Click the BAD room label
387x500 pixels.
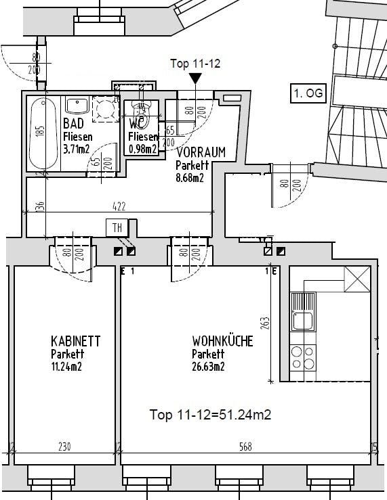tap(73, 124)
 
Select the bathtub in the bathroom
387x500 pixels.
tap(43, 135)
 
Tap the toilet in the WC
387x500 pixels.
tap(141, 111)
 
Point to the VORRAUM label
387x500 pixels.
tap(201, 152)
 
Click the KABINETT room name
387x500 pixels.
tap(75, 341)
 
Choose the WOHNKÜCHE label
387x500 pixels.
tap(222, 341)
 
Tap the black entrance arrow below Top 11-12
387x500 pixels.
tap(195, 78)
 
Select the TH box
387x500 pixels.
tap(117, 227)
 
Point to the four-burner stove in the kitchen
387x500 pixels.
tap(302, 357)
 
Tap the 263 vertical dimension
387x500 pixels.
tap(265, 326)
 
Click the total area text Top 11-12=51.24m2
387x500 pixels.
tap(210, 415)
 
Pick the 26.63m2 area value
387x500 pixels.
tap(208, 367)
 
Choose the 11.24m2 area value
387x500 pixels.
tap(67, 367)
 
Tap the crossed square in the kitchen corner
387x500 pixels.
tap(357, 279)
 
